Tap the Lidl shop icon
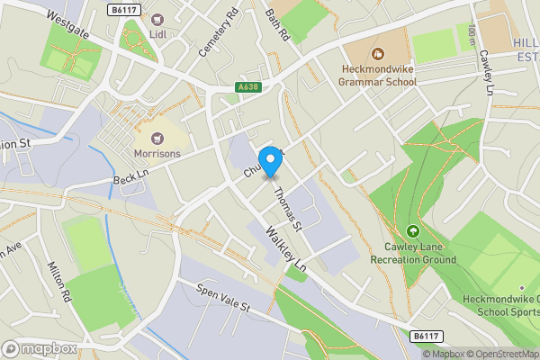[157, 20]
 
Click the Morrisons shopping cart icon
[157, 138]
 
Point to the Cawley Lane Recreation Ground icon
[413, 231]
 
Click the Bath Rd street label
[277, 26]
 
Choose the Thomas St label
[287, 206]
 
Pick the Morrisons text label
[157, 154]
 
